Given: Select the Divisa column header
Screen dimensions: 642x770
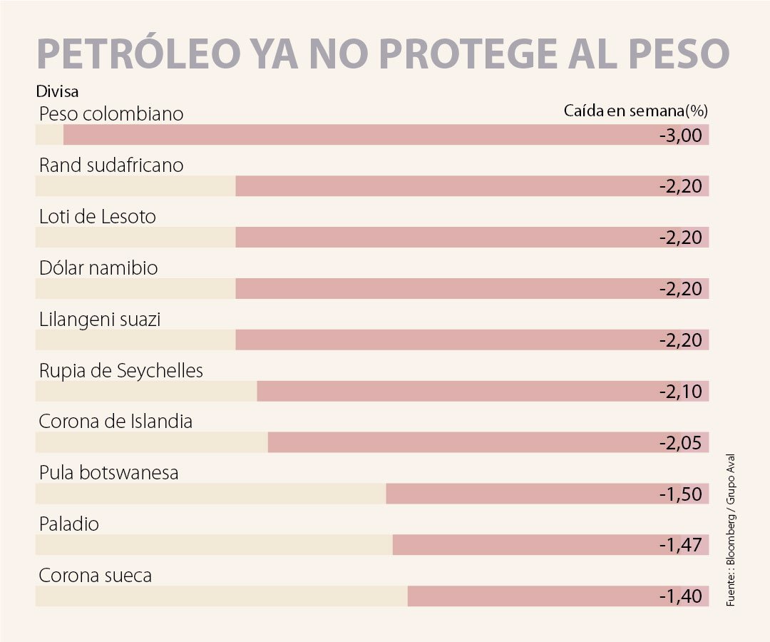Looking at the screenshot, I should [x=56, y=91].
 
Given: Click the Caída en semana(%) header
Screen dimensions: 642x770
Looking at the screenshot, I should [x=635, y=111].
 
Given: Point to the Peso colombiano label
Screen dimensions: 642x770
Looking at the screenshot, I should [x=111, y=114].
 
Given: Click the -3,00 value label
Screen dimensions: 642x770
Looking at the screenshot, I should [x=681, y=136].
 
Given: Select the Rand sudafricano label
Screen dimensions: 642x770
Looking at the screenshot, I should [x=111, y=165].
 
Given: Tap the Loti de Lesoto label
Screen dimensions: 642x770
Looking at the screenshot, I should [x=98, y=217].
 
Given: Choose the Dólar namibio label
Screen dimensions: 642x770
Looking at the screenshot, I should [x=98, y=268].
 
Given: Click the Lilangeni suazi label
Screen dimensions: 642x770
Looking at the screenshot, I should [x=100, y=320].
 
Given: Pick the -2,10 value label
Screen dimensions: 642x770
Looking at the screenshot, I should [x=681, y=392].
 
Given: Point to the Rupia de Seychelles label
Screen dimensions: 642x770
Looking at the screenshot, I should [x=121, y=371].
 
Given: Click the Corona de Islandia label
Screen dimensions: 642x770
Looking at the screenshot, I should [x=115, y=422].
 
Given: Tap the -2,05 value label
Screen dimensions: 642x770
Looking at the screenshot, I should [x=681, y=443].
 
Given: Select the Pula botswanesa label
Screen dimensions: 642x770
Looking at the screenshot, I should [x=108, y=473].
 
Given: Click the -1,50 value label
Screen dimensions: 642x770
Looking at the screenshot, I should [x=681, y=494].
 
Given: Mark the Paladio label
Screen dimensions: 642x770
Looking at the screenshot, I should [x=69, y=524].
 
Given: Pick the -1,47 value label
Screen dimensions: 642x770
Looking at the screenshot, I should [x=681, y=546].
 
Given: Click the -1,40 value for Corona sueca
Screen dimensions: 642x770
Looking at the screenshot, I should [x=681, y=596].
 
